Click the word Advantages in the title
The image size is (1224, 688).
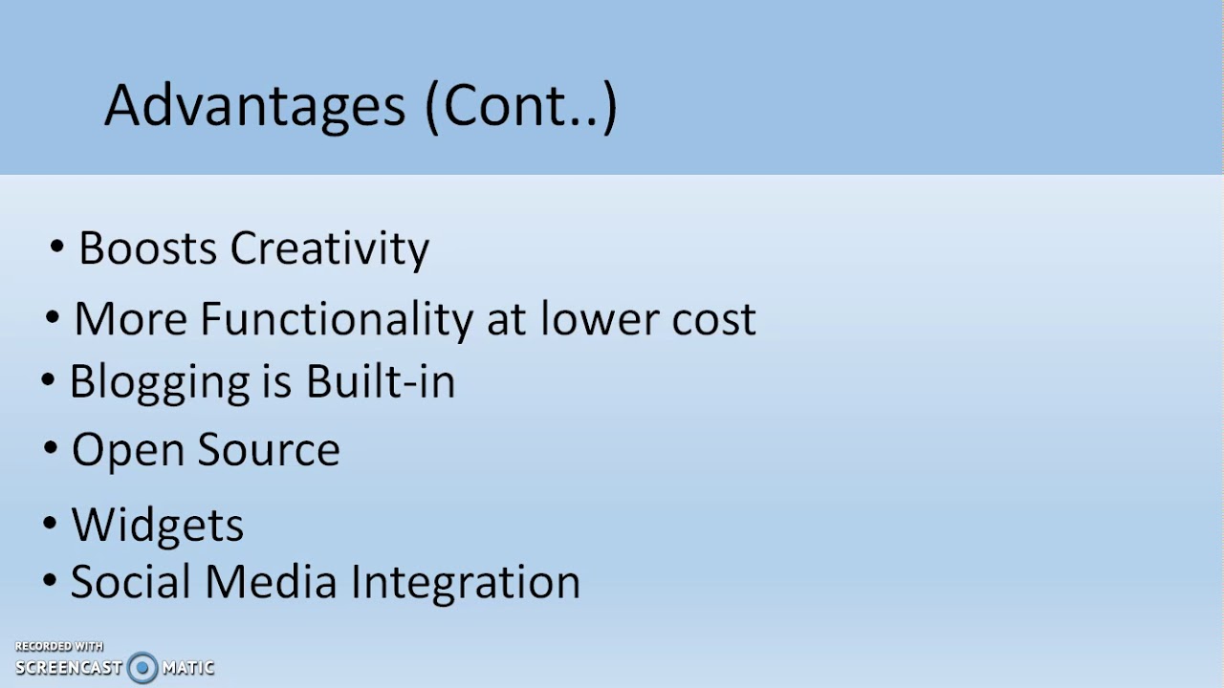pos(254,106)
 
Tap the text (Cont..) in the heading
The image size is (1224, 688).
pos(520,106)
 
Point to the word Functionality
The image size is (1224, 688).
pos(336,319)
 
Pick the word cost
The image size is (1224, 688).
pos(713,319)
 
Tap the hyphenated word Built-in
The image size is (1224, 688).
pos(380,380)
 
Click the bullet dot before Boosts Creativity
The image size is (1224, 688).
pos(57,248)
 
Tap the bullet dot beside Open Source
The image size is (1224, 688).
pos(51,448)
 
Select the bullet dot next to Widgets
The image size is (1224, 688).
pos(51,524)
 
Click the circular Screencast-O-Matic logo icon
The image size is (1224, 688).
pos(142,667)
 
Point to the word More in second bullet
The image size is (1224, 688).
pos(131,319)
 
